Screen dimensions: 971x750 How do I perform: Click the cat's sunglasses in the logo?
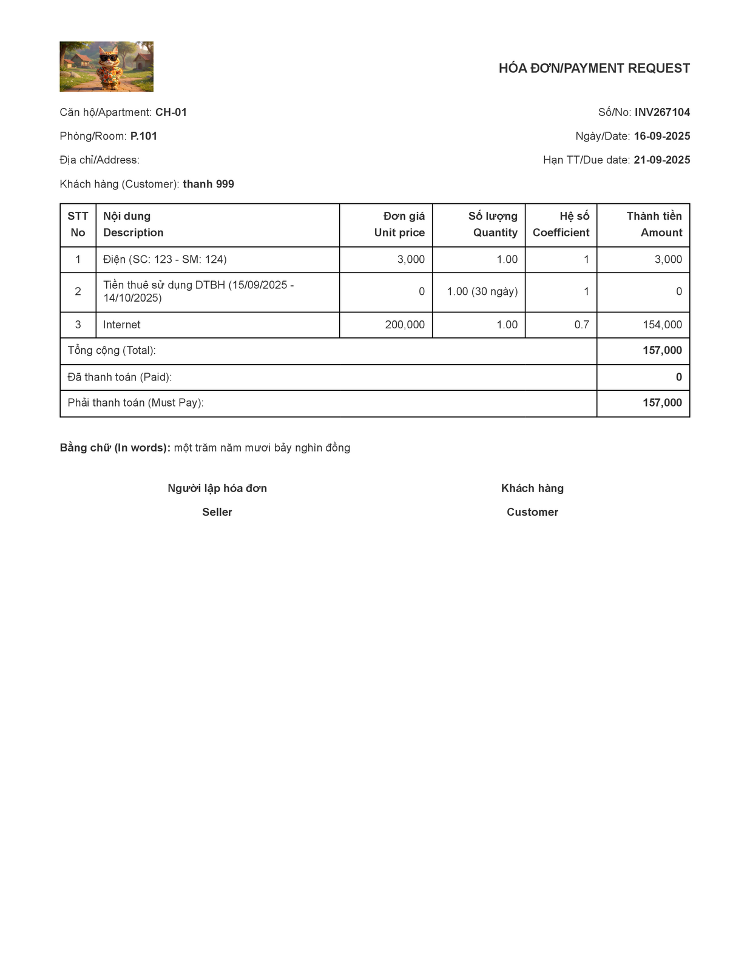pyautogui.click(x=109, y=59)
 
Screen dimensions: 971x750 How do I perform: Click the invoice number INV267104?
pyautogui.click(x=662, y=112)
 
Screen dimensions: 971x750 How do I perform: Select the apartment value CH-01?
pyautogui.click(x=171, y=112)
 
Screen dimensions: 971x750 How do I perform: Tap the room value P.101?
pyautogui.click(x=144, y=136)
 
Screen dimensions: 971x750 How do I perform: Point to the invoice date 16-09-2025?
pyautogui.click(x=662, y=136)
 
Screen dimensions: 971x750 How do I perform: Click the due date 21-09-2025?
pyautogui.click(x=662, y=160)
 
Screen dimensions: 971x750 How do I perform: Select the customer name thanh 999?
pyautogui.click(x=208, y=184)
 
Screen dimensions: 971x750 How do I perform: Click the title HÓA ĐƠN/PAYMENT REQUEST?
pyautogui.click(x=594, y=68)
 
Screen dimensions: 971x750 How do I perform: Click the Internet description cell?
pyautogui.click(x=122, y=325)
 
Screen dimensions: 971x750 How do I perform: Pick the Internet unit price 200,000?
pyautogui.click(x=405, y=325)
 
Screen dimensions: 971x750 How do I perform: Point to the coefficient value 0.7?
pyautogui.click(x=581, y=325)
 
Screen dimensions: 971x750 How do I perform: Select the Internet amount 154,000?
pyautogui.click(x=662, y=325)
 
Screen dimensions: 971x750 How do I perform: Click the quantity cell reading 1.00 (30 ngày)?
pyautogui.click(x=482, y=291)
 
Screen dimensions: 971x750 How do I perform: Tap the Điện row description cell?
pyautogui.click(x=165, y=260)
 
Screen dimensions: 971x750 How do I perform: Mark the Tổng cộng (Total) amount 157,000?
pyautogui.click(x=662, y=351)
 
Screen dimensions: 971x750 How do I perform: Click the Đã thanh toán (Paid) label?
pyautogui.click(x=120, y=377)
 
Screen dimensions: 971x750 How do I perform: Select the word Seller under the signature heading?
pyautogui.click(x=217, y=512)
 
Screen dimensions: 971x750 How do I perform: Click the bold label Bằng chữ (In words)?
pyautogui.click(x=115, y=448)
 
